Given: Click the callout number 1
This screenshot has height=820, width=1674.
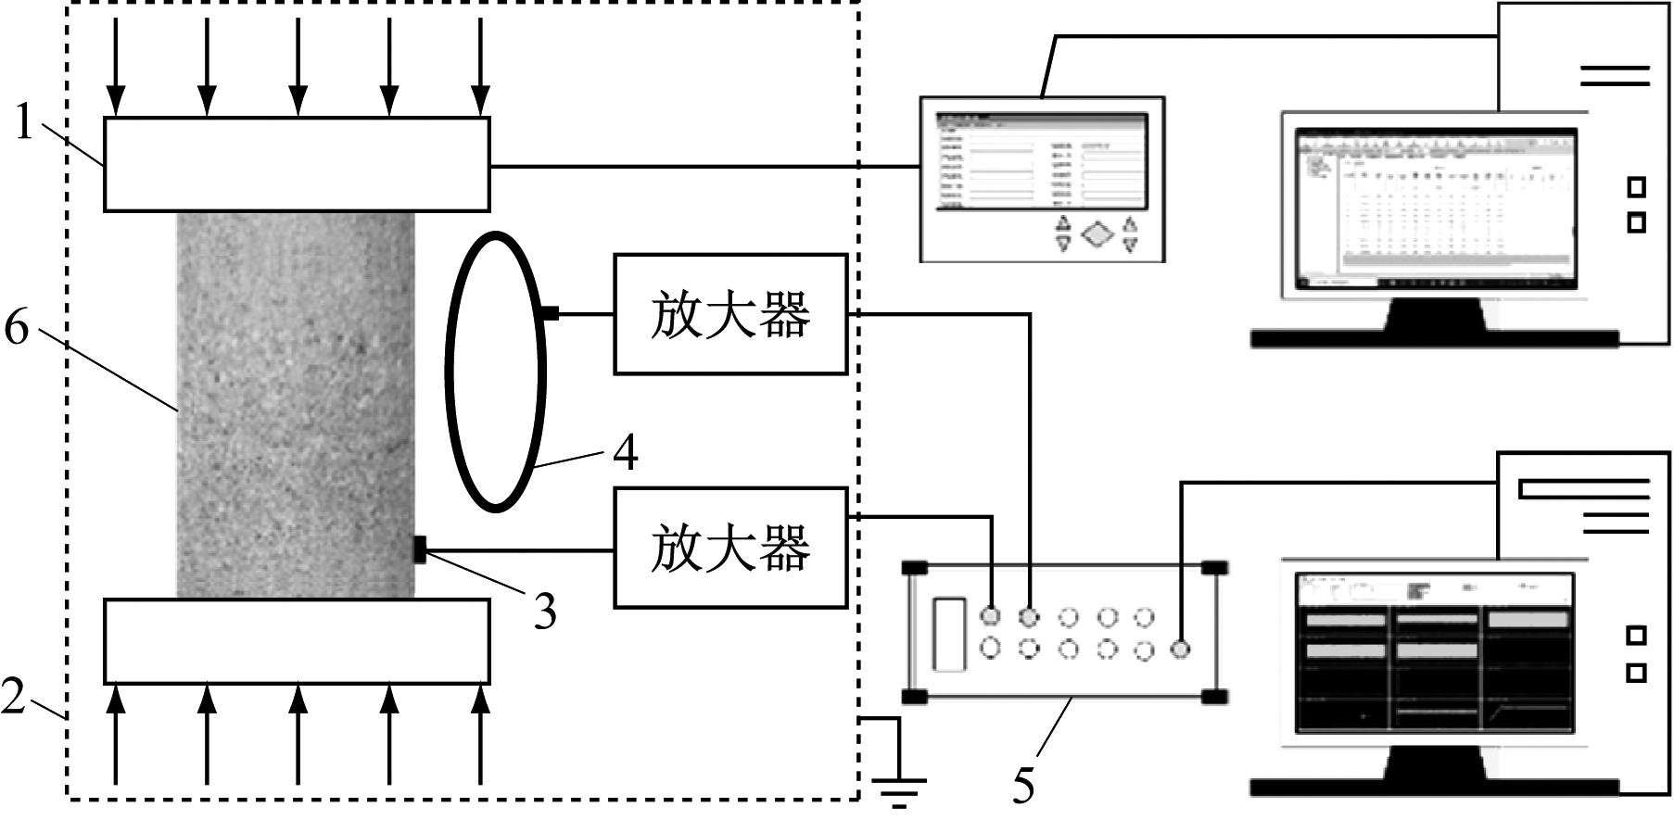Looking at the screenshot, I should point(25,123).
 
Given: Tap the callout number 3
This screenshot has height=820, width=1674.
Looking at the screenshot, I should point(544,611).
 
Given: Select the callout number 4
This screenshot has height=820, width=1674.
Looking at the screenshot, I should point(626,453).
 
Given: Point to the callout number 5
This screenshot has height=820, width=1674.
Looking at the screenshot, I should point(1022,786).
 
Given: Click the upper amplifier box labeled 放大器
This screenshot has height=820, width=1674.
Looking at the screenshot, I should point(730,314).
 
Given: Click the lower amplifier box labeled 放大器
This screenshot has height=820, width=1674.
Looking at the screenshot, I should point(730,548).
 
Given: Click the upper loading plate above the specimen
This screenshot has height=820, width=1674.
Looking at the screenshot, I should point(297,164).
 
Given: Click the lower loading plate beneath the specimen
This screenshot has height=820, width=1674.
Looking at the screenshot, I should point(297,641).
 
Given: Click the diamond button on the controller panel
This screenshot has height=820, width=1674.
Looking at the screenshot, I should point(1097,233).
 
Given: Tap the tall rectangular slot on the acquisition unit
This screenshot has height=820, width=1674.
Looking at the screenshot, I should point(949,634).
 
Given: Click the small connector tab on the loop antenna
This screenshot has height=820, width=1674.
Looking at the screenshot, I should point(550,314).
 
